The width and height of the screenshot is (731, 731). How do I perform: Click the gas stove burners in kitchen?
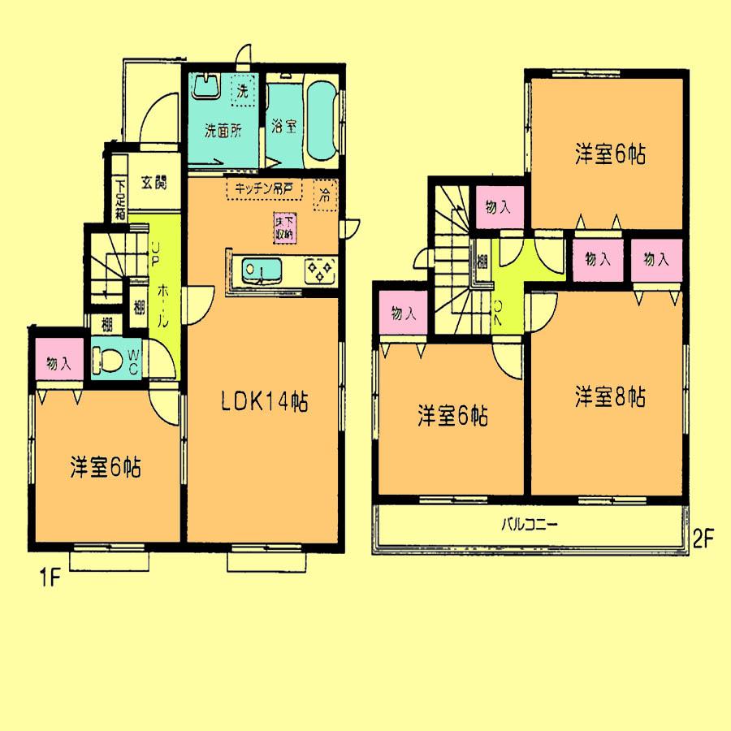(319, 269)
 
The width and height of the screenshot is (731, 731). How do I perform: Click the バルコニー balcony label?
(528, 524)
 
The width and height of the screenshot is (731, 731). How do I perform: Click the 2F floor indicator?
(703, 538)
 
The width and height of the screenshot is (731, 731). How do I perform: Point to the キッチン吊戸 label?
(264, 188)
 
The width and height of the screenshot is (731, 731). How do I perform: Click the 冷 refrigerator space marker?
(324, 194)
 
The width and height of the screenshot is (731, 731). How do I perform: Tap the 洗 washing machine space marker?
(241, 90)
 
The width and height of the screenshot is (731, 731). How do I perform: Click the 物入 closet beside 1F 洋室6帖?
(58, 364)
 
